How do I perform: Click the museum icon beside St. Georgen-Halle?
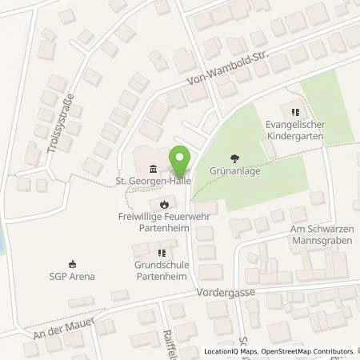(153, 168)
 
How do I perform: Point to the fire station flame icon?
(164, 203)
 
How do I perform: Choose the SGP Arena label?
(72, 277)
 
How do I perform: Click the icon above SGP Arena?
(72, 263)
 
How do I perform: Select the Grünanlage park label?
(234, 170)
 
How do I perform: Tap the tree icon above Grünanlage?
(234, 158)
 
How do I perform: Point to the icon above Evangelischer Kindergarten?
(295, 113)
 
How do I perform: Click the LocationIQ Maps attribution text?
(236, 351)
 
